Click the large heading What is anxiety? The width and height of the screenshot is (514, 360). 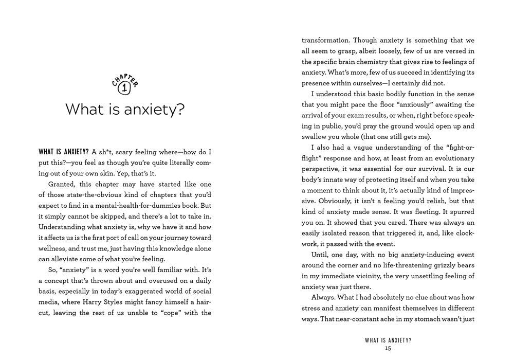point(124,109)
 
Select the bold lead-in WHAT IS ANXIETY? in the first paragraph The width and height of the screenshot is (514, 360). point(64,152)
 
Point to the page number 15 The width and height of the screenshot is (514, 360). point(388,348)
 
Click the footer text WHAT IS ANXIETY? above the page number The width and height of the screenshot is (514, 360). point(388,340)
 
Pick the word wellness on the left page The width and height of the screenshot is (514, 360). point(54,248)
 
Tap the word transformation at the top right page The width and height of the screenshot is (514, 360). point(326,40)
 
